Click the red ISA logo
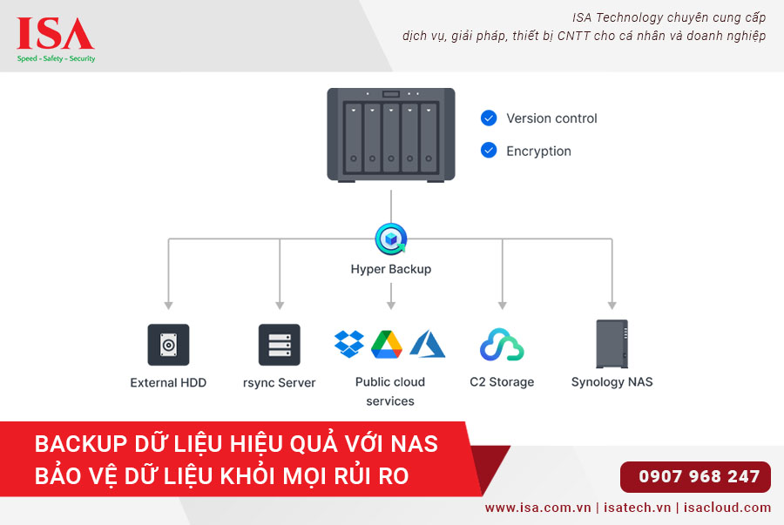(x=56, y=35)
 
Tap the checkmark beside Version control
(x=489, y=118)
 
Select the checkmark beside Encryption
(x=489, y=151)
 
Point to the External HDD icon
(x=168, y=345)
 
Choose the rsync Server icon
(x=280, y=345)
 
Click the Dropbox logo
(x=349, y=344)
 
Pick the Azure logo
(x=428, y=344)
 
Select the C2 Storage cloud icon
(x=502, y=345)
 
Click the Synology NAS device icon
(x=612, y=344)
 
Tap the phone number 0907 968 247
(x=699, y=476)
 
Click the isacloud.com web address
(x=728, y=508)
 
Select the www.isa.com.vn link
(x=537, y=508)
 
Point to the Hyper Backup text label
(x=390, y=269)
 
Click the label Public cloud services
(x=390, y=391)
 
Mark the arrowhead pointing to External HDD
(x=168, y=306)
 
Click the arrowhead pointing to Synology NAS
(x=612, y=306)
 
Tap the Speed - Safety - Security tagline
(x=57, y=58)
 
